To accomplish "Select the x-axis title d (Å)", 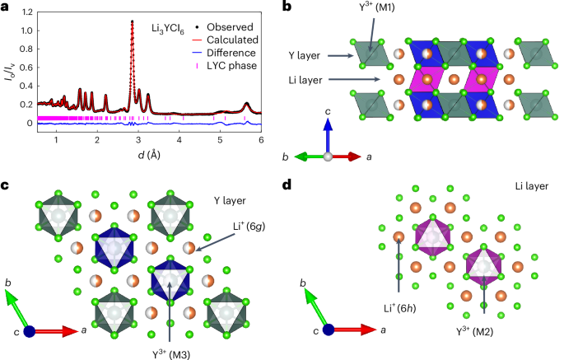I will pos(149,155).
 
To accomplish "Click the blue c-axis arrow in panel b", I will pos(328,132).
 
